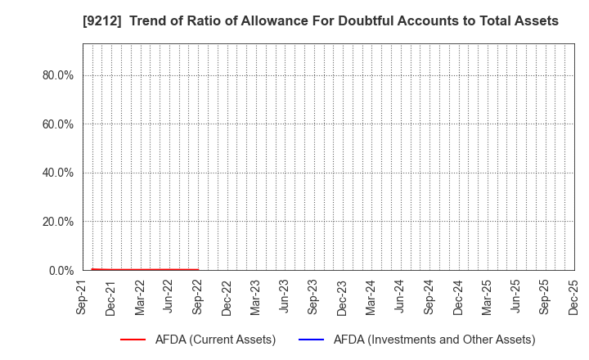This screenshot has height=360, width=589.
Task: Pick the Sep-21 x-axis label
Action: (83, 298)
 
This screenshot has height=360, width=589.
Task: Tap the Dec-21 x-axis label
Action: (111, 298)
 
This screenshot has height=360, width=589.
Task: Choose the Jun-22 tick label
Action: (169, 298)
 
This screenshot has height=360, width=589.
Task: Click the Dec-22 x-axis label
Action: (227, 298)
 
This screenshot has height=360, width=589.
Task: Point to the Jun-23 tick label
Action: (285, 298)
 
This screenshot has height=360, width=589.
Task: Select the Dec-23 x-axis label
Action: (342, 298)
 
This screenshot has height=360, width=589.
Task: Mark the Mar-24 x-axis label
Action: (371, 298)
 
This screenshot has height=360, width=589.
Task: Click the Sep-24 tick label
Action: (429, 298)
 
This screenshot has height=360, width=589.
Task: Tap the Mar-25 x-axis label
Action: (486, 298)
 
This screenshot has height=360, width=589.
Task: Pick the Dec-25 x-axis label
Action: (573, 298)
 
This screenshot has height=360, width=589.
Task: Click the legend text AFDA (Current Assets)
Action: (214, 340)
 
